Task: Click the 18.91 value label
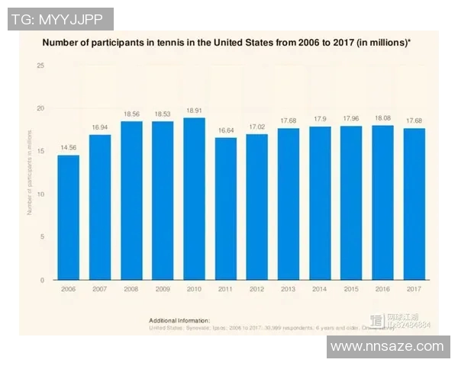pyautogui.click(x=194, y=110)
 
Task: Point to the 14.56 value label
pyautogui.click(x=68, y=147)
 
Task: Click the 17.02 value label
pyautogui.click(x=256, y=127)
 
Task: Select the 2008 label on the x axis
pyautogui.click(x=131, y=290)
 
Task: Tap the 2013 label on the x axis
pyautogui.click(x=288, y=290)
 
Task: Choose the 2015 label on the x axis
pyautogui.click(x=350, y=290)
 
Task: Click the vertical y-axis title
pyautogui.click(x=30, y=174)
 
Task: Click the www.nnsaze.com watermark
pyautogui.click(x=387, y=346)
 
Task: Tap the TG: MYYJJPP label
pyautogui.click(x=60, y=19)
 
